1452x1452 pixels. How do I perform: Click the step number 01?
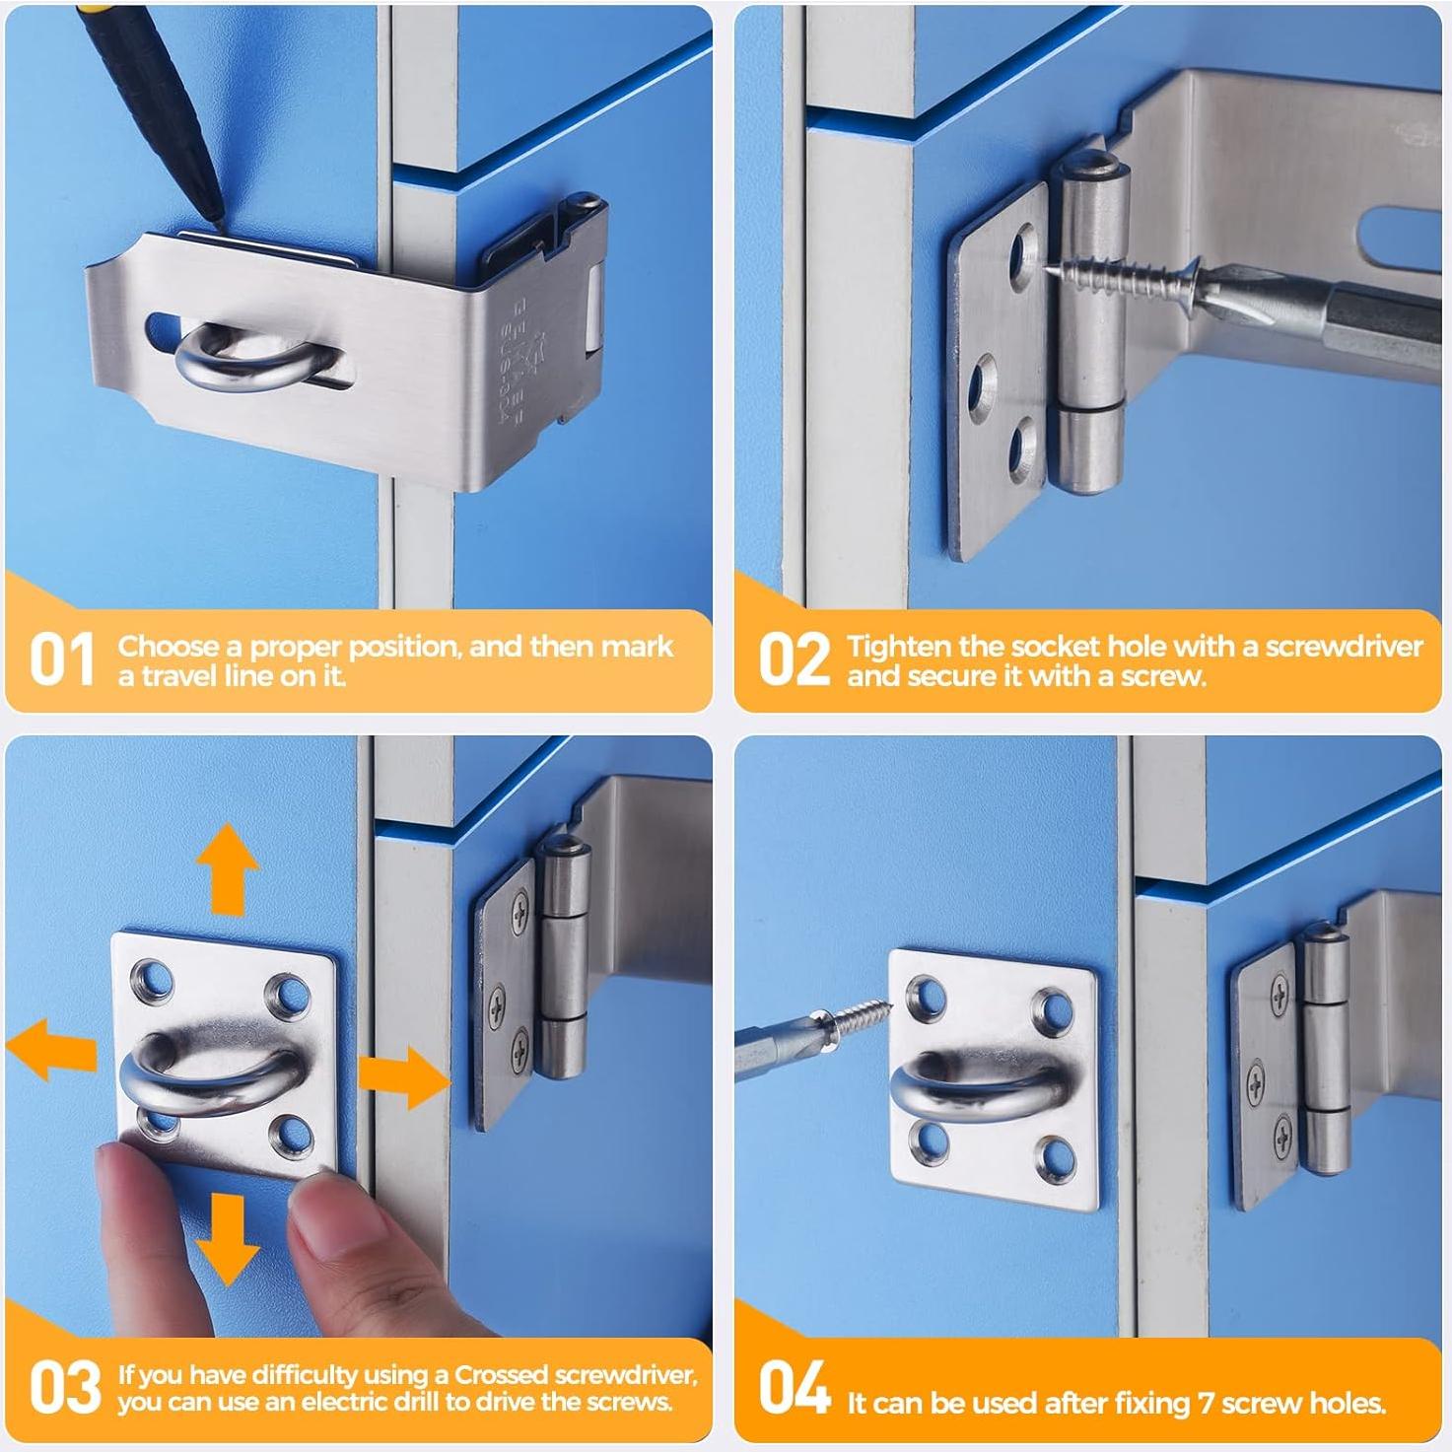(62, 659)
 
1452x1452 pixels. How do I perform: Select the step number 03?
(64, 1387)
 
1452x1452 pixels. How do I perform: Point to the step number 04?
(794, 1387)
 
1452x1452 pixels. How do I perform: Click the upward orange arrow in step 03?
(228, 868)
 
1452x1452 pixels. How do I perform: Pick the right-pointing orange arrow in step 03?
(403, 1076)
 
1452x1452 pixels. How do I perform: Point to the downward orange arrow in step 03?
(227, 1239)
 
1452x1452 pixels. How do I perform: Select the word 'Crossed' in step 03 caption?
(501, 1374)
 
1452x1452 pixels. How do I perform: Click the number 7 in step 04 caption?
(1207, 1403)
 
